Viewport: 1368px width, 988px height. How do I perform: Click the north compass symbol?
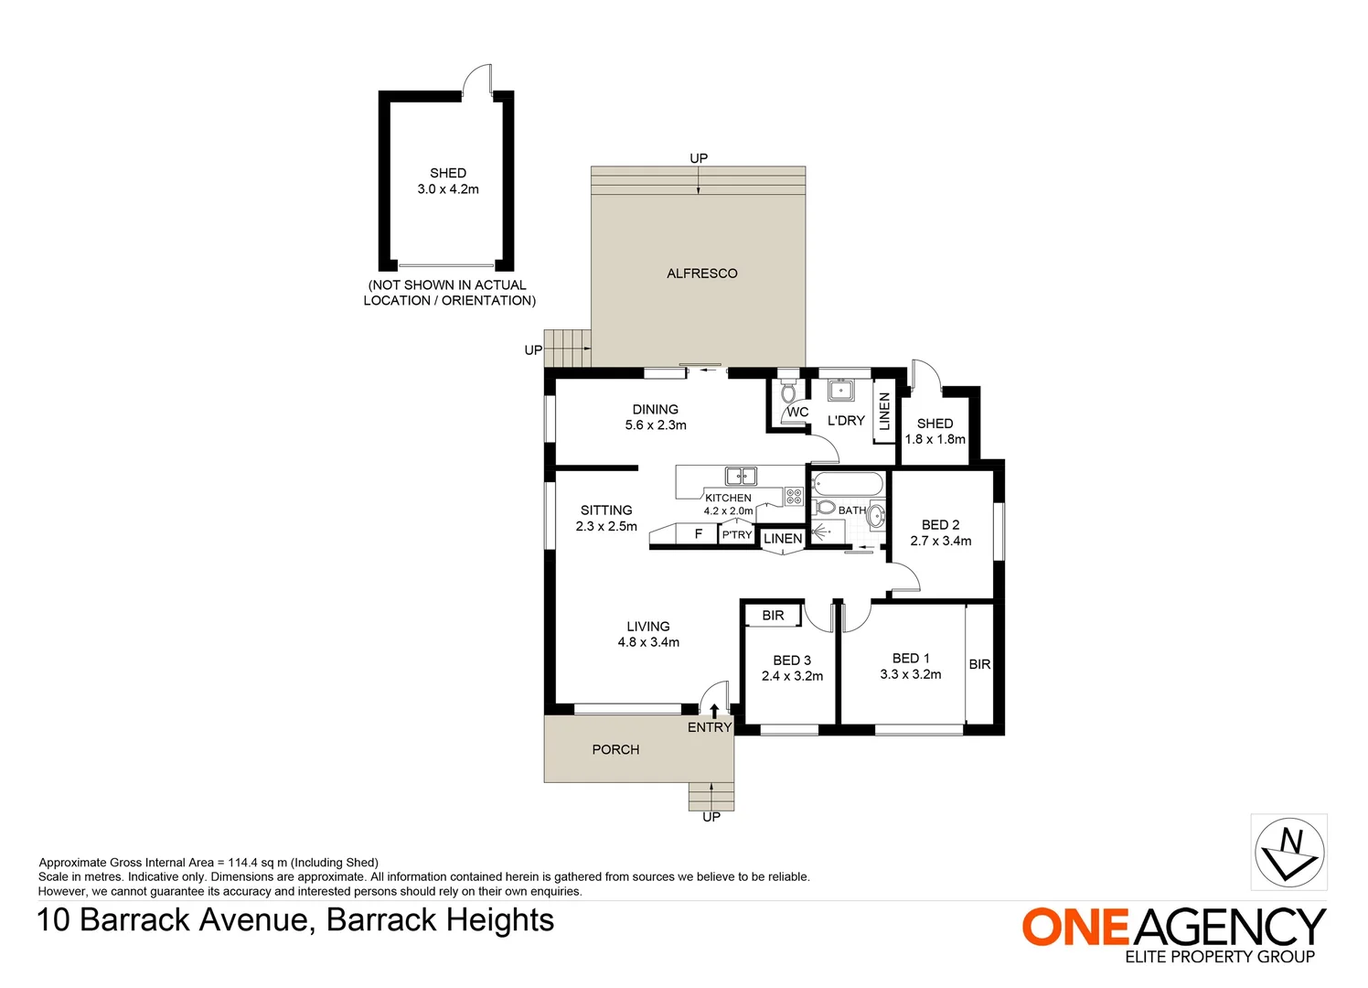click(1288, 852)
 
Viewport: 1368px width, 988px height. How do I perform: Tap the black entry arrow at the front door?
click(714, 710)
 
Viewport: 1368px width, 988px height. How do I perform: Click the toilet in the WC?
click(788, 392)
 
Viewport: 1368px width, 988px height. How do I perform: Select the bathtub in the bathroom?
click(848, 483)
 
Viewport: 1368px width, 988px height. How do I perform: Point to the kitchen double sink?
click(741, 476)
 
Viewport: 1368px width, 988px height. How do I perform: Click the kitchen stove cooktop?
click(794, 497)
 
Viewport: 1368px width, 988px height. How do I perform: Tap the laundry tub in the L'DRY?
click(840, 391)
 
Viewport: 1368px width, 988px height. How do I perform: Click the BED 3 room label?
click(792, 660)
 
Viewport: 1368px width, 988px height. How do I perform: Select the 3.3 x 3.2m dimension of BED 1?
click(911, 674)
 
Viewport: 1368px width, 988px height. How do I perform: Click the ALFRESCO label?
click(701, 274)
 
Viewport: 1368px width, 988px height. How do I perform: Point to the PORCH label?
click(615, 749)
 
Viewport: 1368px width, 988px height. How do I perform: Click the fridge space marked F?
click(699, 534)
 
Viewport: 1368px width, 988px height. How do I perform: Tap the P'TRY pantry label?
click(737, 535)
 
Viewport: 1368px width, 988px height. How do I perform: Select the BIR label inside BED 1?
click(979, 664)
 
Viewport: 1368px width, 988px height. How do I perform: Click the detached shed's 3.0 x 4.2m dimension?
click(448, 189)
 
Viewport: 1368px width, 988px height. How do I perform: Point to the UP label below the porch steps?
click(711, 817)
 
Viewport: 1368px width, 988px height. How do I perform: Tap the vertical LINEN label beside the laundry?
click(884, 412)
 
